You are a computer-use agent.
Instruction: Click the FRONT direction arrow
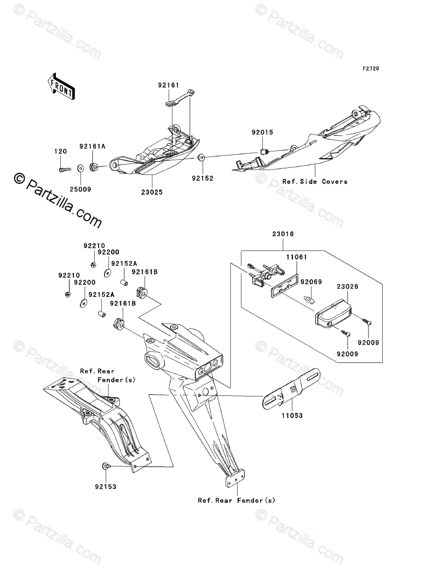coord(61,87)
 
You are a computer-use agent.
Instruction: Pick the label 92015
coord(262,132)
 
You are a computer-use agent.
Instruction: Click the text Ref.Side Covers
coord(315,181)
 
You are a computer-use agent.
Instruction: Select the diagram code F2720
coord(371,69)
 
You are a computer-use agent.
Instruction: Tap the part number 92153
coord(105,486)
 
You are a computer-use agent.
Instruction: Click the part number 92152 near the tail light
coord(202,178)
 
